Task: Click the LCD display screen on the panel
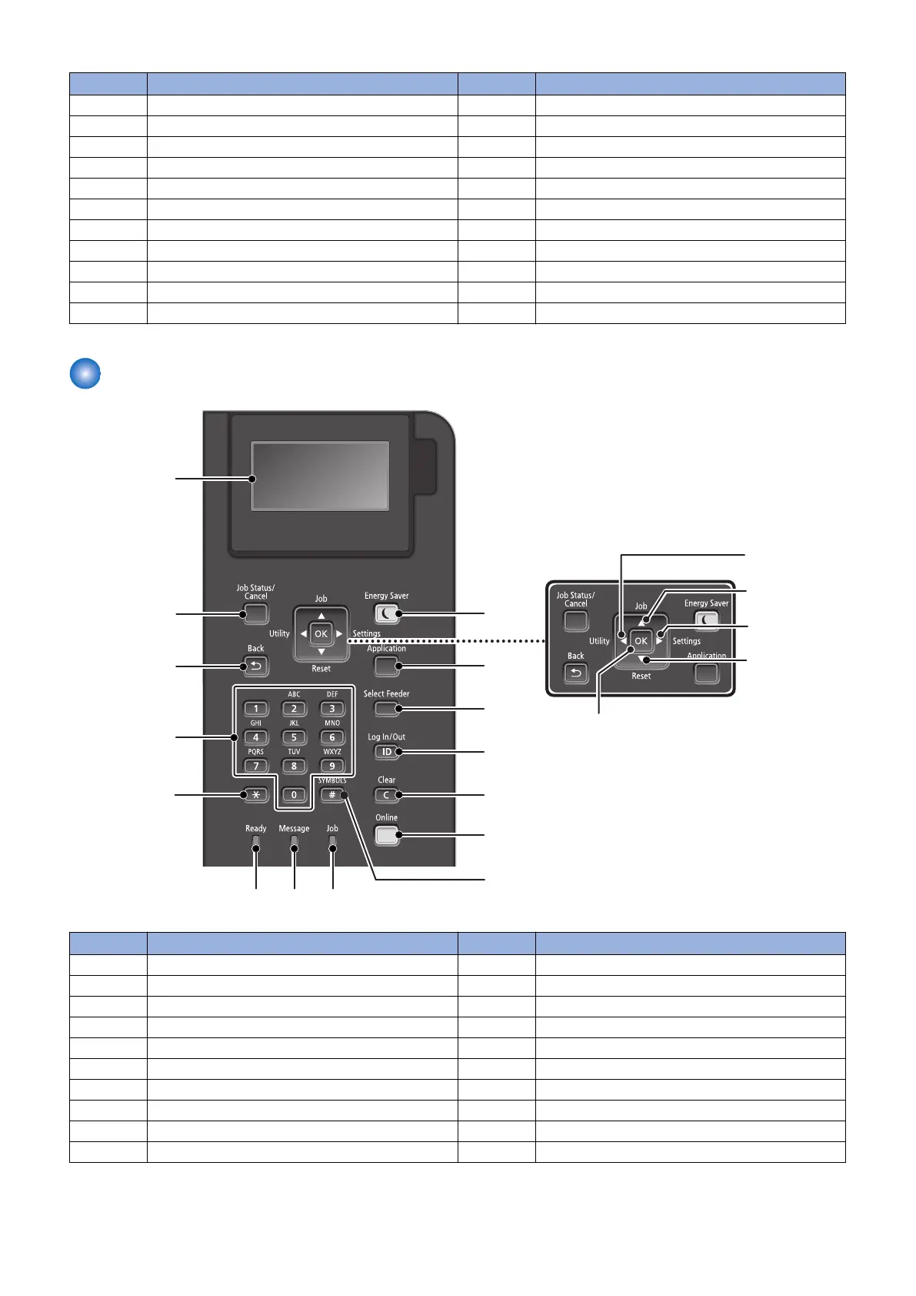pyautogui.click(x=320, y=476)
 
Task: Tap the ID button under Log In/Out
pyautogui.click(x=386, y=752)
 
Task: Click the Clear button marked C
pyautogui.click(x=386, y=795)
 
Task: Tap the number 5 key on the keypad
pyautogui.click(x=294, y=737)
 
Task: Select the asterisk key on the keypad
pyautogui.click(x=255, y=795)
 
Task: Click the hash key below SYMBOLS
pyautogui.click(x=332, y=795)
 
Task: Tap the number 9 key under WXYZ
pyautogui.click(x=332, y=766)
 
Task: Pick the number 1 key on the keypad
pyautogui.click(x=256, y=709)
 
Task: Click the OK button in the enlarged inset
pyautogui.click(x=641, y=640)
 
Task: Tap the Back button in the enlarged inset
pyautogui.click(x=576, y=673)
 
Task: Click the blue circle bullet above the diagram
pyautogui.click(x=85, y=374)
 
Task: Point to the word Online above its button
pyautogui.click(x=386, y=817)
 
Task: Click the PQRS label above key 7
pyautogui.click(x=256, y=752)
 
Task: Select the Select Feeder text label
pyautogui.click(x=386, y=693)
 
